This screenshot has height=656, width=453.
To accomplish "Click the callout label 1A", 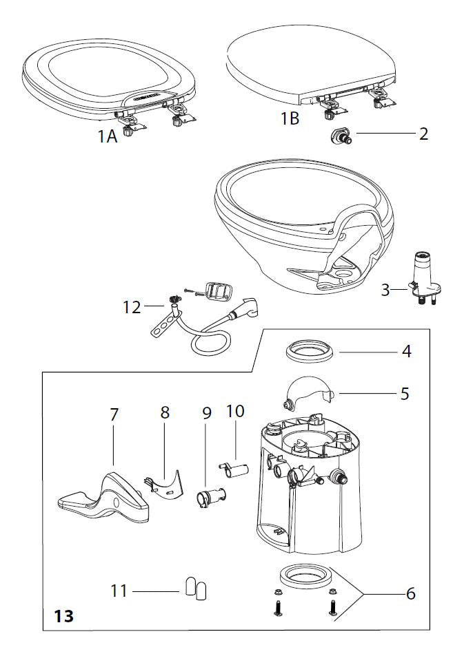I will point(107,136).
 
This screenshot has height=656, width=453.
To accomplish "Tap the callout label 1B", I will point(290,118).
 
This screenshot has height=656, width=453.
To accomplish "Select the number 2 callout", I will point(423,134).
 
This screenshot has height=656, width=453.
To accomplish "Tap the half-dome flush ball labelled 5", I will point(309,394).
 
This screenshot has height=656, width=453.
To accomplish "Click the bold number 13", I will point(61,614).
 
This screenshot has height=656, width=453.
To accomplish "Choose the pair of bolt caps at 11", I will point(196,589).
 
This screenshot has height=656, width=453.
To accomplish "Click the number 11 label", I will point(119,590).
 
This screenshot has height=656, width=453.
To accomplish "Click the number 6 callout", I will point(411,593).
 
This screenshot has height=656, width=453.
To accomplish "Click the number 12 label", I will point(131,308).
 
